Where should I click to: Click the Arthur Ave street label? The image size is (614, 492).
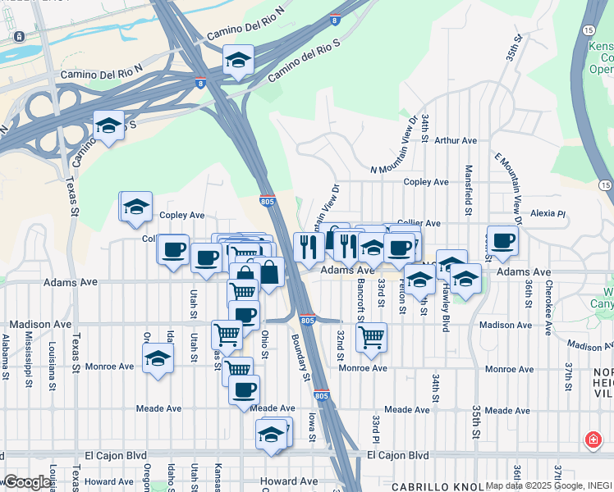point(456,141)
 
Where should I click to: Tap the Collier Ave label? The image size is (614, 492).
point(419,223)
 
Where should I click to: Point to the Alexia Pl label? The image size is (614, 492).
point(548,213)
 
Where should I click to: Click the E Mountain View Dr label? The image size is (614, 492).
point(509,187)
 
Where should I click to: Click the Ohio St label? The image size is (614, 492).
point(264,344)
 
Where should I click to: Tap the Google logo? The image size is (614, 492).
point(27,482)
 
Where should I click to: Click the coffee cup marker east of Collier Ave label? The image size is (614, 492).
point(502,239)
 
